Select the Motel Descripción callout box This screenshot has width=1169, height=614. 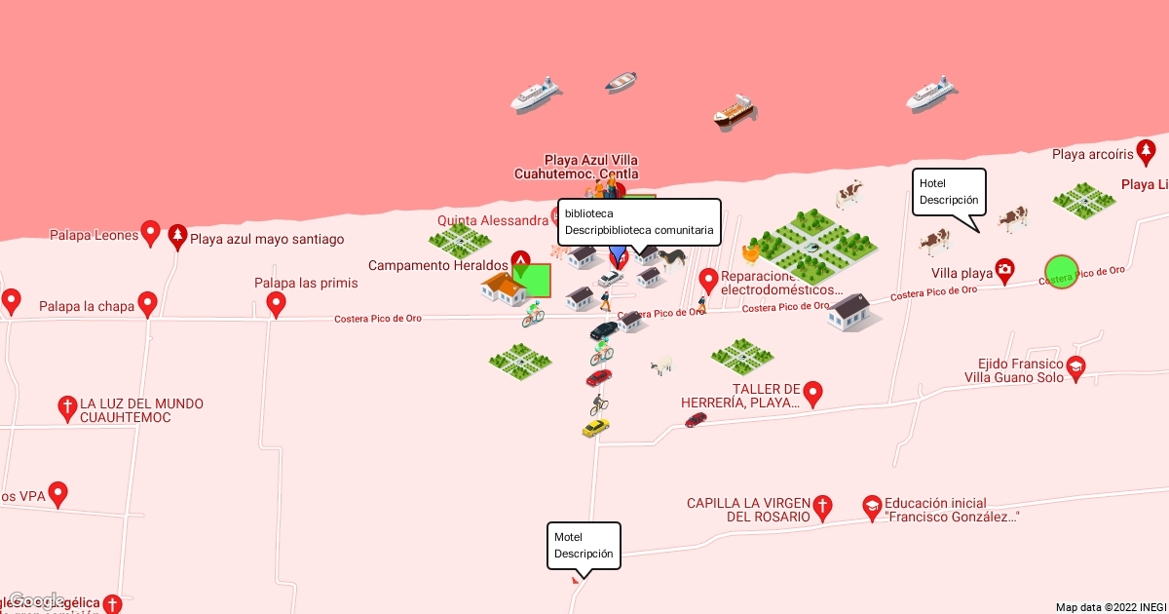click(x=584, y=546)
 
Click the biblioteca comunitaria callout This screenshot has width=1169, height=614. click(x=639, y=222)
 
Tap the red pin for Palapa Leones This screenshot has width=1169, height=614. click(x=150, y=233)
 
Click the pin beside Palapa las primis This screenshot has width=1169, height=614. click(x=277, y=305)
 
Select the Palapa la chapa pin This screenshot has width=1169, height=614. click(x=148, y=304)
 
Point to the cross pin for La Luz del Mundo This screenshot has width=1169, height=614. click(x=67, y=407)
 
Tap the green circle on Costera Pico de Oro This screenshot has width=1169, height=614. click(x=1061, y=272)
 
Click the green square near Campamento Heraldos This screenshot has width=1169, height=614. click(x=532, y=281)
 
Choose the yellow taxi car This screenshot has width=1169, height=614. click(x=595, y=428)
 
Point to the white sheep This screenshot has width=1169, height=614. click(x=662, y=365)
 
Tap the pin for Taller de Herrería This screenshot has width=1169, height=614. click(x=812, y=393)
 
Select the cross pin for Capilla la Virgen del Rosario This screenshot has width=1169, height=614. click(x=823, y=505)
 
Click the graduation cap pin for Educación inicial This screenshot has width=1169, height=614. click(x=872, y=506)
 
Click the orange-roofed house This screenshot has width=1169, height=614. click(x=504, y=288)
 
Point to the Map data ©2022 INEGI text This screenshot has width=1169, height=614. click(x=1111, y=607)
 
